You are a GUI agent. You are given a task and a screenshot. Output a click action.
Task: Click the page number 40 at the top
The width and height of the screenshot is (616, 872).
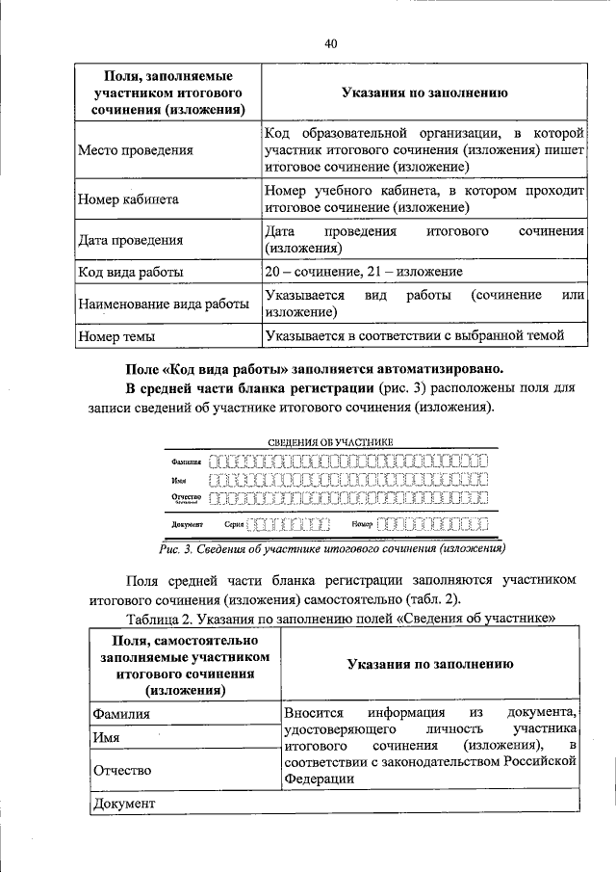click(330, 43)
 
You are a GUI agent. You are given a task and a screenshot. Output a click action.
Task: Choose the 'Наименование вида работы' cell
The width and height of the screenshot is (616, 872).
click(163, 304)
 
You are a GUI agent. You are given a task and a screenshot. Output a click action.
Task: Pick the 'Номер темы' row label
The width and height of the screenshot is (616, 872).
click(116, 336)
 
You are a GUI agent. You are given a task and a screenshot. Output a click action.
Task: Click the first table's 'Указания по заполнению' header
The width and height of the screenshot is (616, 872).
click(424, 92)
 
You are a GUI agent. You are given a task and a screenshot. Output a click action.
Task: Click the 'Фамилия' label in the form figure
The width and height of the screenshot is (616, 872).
click(187, 462)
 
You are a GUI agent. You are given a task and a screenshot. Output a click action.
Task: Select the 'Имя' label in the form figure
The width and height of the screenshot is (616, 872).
click(179, 479)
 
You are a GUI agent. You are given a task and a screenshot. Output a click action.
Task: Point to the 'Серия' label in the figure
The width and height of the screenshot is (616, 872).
click(234, 525)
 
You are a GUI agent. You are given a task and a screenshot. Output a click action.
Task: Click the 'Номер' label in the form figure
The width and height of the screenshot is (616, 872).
click(362, 525)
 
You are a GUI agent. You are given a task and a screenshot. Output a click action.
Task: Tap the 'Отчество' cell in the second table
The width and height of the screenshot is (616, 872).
click(122, 771)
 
